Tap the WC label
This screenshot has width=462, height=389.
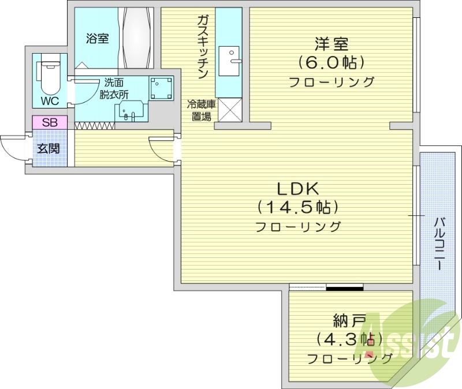click(x=49, y=101)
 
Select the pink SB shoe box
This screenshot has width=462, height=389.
click(x=50, y=122)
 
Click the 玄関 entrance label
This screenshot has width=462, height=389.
click(x=49, y=148)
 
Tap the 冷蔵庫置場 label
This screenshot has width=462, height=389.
click(x=201, y=110)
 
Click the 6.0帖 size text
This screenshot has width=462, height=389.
click(x=331, y=62)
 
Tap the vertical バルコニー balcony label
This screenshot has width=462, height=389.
click(x=439, y=243)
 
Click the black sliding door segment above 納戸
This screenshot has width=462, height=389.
click(x=344, y=287)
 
